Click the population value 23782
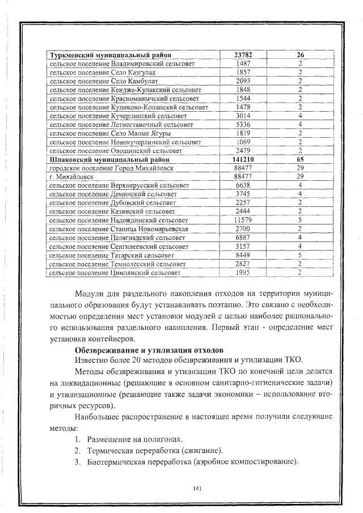pyautogui.click(x=243, y=56)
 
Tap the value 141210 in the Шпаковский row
pyautogui.click(x=243, y=160)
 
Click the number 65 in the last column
pyautogui.click(x=300, y=160)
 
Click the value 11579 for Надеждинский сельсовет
pyautogui.click(x=243, y=220)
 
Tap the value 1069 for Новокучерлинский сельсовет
pyautogui.click(x=243, y=142)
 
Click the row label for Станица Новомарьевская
pyautogui.click(x=126, y=228)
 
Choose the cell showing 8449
pyautogui.click(x=243, y=255)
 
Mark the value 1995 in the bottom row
pyautogui.click(x=243, y=273)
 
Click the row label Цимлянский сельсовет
pyautogui.click(x=115, y=273)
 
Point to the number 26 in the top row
pyautogui.click(x=300, y=56)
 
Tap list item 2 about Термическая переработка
pyautogui.click(x=149, y=450)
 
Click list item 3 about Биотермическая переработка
pyautogui.click(x=187, y=461)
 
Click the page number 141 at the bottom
pyautogui.click(x=198, y=488)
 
